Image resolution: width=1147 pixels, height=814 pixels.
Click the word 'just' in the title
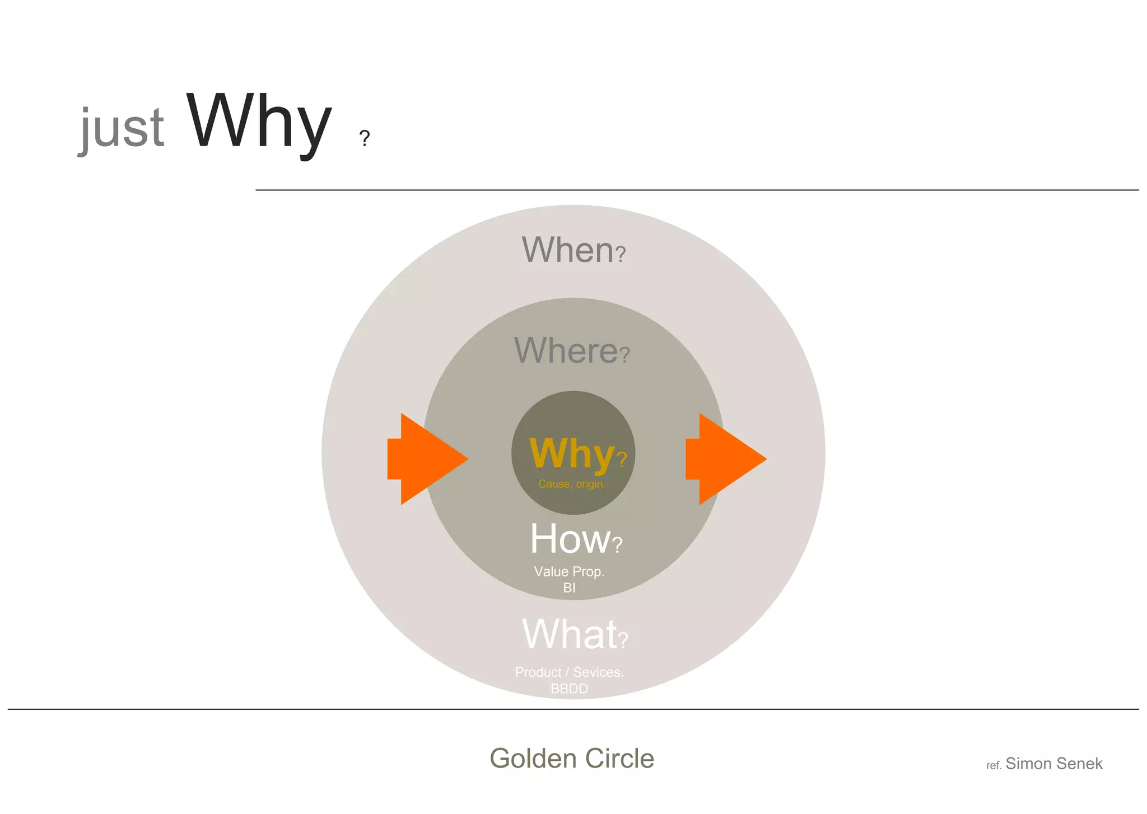click(x=123, y=128)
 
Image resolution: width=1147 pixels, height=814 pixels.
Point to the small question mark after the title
click(x=365, y=138)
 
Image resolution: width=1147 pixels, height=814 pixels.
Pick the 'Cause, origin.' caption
click(x=572, y=483)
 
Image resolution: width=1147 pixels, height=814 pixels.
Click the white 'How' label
click(x=570, y=538)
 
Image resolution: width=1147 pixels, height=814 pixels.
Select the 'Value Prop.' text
click(x=569, y=571)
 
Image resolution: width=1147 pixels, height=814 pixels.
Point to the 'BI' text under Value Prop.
click(x=569, y=588)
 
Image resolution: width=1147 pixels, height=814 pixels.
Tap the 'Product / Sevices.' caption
click(x=569, y=672)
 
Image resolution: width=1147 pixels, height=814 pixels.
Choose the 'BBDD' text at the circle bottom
click(x=569, y=689)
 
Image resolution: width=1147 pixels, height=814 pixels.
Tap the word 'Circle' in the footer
click(x=620, y=759)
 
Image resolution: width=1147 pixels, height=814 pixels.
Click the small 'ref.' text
click(x=994, y=766)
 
